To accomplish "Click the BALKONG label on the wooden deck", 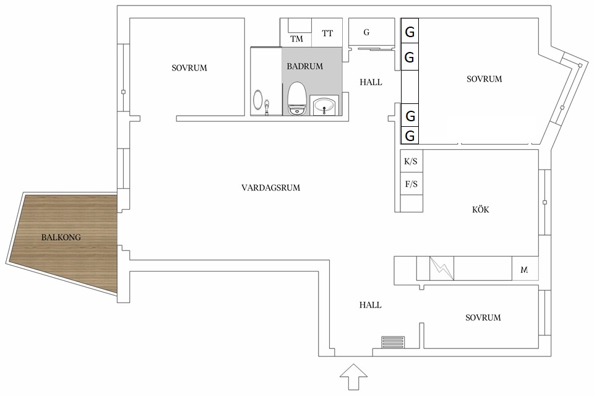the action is click(x=61, y=238).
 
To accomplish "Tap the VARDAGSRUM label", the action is click(x=270, y=187).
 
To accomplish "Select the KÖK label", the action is click(x=480, y=209).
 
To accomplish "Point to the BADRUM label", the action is click(x=304, y=66).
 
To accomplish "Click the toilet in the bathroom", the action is click(x=296, y=98).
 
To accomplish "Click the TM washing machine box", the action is click(x=296, y=33).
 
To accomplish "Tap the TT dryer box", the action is click(x=327, y=33).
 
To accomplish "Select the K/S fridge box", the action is click(x=411, y=162).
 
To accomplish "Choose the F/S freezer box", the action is click(x=411, y=184).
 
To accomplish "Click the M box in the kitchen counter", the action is click(x=525, y=269).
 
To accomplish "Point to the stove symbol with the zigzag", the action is click(x=442, y=269).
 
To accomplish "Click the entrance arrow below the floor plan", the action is click(x=353, y=377).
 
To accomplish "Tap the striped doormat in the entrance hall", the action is click(x=394, y=342).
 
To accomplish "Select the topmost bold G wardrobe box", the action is click(x=410, y=31).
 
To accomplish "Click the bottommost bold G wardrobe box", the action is click(x=410, y=136).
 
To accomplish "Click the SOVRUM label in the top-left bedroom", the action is click(x=189, y=68).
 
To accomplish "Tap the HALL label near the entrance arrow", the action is click(x=370, y=305).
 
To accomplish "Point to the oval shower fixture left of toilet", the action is click(x=257, y=100).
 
